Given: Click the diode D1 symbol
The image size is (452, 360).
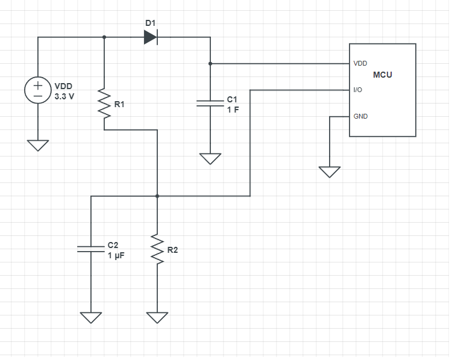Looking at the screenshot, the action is (x=151, y=37).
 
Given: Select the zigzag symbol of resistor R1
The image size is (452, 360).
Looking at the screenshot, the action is (x=104, y=104).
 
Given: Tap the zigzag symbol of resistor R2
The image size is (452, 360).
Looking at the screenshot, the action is (x=157, y=249).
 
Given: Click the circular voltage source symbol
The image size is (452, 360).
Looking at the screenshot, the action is (x=38, y=90).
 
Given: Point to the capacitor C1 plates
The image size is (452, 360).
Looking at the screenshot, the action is (x=210, y=103).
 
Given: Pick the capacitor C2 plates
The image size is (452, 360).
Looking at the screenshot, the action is (x=91, y=249).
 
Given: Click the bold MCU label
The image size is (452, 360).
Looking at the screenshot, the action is (x=383, y=75).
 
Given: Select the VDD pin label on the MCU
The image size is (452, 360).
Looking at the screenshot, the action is (x=360, y=63).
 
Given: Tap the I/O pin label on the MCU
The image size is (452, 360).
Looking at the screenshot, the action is (x=358, y=90).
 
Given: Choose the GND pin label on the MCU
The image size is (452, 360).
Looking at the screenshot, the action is (x=360, y=116).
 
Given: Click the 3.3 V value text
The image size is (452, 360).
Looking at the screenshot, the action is (x=64, y=96).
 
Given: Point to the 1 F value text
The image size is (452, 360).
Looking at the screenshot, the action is (x=233, y=110).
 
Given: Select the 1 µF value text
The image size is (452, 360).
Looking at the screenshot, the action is (x=116, y=255).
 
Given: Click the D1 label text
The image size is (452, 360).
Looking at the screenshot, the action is (x=151, y=23).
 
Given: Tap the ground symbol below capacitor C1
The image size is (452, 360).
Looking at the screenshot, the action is (x=210, y=159).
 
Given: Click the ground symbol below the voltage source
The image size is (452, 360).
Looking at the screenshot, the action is (x=38, y=146).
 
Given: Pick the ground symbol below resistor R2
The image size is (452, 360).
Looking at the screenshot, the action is (x=157, y=318).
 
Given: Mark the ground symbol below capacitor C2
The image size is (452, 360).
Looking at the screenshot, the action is (x=91, y=318).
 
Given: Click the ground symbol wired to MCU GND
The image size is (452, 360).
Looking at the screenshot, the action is (x=330, y=172).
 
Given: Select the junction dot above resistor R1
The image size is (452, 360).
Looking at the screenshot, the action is (x=104, y=37).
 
